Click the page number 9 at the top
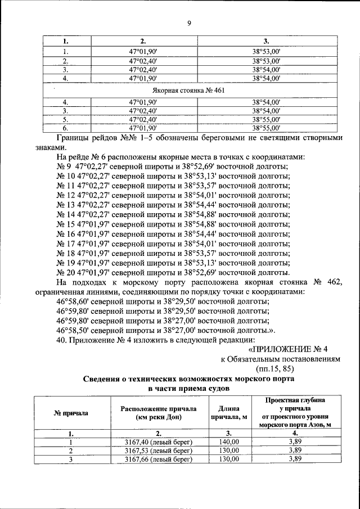[189, 23]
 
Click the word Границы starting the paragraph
[76, 137]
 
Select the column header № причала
[71, 413]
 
